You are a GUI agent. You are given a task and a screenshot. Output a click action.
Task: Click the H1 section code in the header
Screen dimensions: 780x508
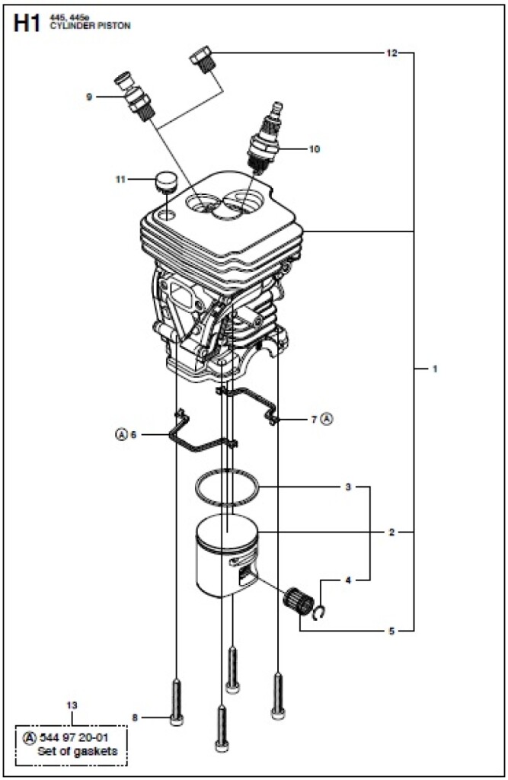pos(26,24)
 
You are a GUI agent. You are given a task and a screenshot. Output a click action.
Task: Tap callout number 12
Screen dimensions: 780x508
pos(391,53)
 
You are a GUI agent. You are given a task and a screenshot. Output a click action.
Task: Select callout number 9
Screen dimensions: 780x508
pos(89,97)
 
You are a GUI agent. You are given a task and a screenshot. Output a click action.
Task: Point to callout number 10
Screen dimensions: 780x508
pos(314,149)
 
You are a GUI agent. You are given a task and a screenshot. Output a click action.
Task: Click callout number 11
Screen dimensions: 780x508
pos(120,180)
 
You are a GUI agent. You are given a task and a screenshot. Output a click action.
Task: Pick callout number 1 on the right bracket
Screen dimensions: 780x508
pos(435,369)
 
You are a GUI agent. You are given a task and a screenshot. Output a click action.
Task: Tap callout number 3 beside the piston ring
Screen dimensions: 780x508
pos(348,486)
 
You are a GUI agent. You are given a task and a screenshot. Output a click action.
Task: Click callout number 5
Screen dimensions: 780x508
pos(391,630)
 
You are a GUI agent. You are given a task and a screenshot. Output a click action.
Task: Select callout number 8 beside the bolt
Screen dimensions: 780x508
pos(135,717)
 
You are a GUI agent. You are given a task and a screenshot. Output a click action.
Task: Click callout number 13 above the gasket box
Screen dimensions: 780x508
pos(72,705)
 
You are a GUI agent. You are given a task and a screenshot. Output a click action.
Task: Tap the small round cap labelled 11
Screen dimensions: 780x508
pos(165,183)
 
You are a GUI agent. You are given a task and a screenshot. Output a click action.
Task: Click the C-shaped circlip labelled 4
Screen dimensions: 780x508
pos(322,609)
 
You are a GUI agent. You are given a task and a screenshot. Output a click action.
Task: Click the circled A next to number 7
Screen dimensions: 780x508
pos(327,418)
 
